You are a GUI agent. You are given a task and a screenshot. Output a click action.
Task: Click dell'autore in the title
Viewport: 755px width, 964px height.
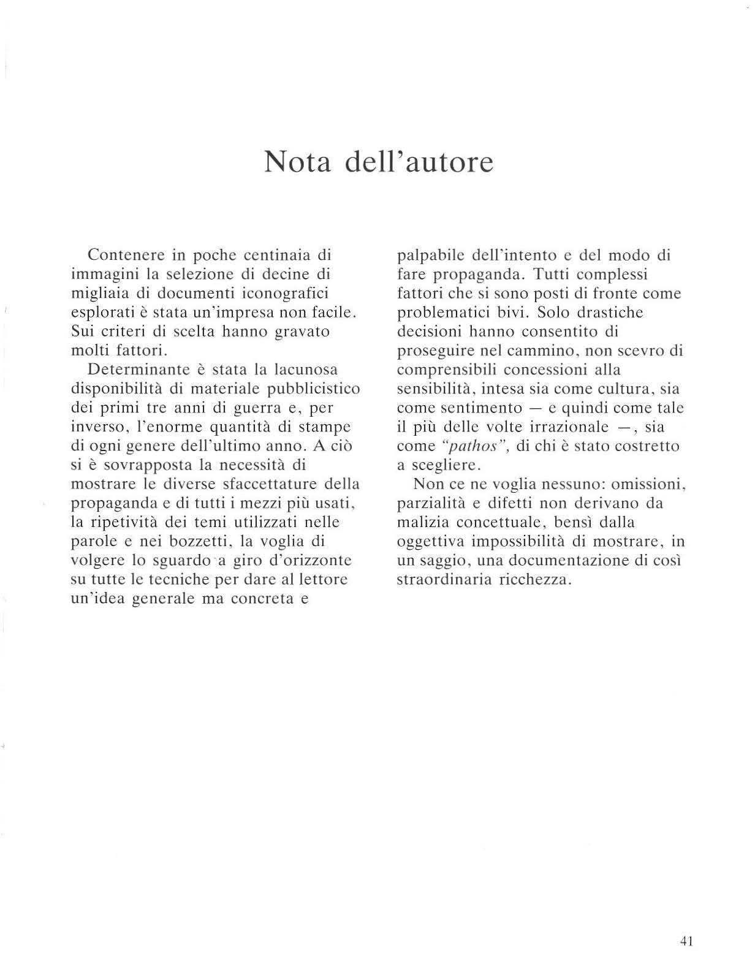point(419,162)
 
